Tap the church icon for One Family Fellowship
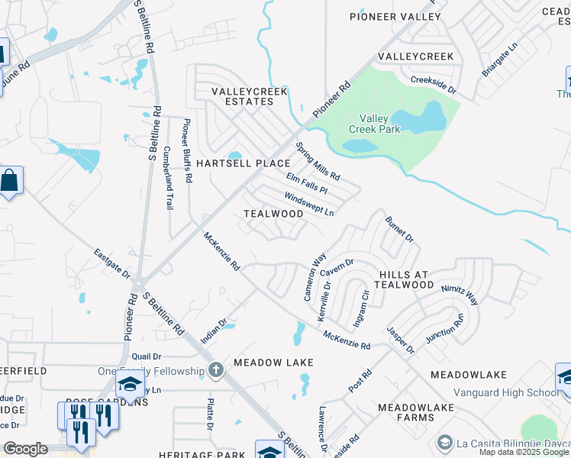[x=216, y=371]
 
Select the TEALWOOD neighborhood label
[x=273, y=214]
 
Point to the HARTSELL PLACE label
[x=243, y=163]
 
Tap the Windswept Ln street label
[x=309, y=204]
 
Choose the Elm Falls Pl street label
[x=307, y=183]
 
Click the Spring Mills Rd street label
[x=318, y=161]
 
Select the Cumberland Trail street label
[x=169, y=179]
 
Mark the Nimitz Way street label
[x=459, y=295]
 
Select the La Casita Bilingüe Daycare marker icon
[x=443, y=442]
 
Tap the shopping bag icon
[x=10, y=182]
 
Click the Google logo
[x=25, y=449]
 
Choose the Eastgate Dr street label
[x=112, y=263]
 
